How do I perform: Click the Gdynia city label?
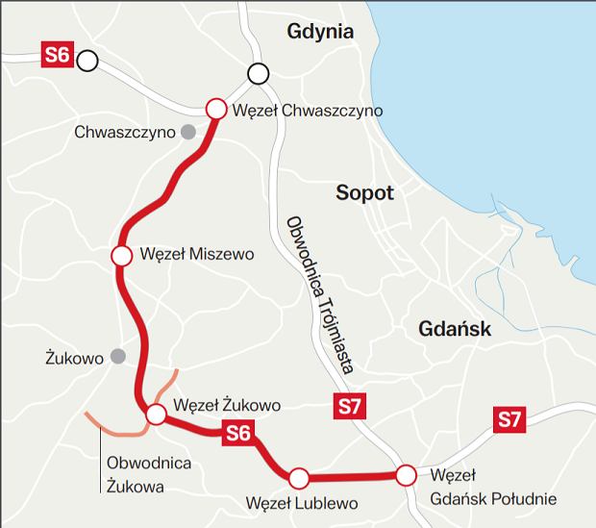click(320, 32)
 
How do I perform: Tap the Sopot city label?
click(365, 192)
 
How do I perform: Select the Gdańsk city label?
click(455, 329)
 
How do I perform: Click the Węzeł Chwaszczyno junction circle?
click(215, 109)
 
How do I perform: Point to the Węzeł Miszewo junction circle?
click(121, 256)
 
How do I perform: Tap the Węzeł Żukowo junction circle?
click(156, 415)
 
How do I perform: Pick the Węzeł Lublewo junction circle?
click(298, 476)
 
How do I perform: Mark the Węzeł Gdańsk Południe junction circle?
click(406, 474)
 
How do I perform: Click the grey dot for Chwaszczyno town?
click(188, 131)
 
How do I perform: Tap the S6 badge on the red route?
click(237, 434)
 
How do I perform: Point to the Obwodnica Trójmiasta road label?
click(319, 292)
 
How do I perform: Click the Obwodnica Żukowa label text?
click(149, 473)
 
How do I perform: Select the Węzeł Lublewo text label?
click(302, 503)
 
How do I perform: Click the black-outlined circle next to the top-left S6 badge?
click(87, 62)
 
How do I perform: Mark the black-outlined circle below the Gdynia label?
click(258, 73)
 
